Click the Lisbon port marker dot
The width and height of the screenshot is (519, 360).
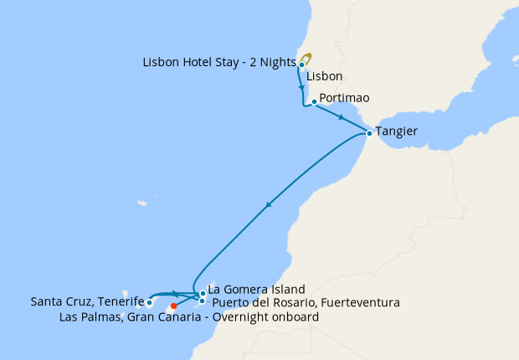tap(301, 64)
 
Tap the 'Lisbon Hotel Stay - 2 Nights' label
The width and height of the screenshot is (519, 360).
tap(219, 62)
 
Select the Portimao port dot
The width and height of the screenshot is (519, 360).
tap(314, 102)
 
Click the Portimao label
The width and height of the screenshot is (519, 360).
tap(344, 98)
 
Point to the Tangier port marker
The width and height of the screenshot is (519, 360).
tap(369, 132)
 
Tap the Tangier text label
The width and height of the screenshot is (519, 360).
tap(398, 131)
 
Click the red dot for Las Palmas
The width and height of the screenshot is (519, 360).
tap(174, 306)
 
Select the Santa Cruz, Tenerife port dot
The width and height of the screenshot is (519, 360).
tap(149, 302)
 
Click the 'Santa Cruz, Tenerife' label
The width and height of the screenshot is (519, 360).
tap(87, 301)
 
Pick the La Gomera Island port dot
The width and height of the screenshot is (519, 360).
tap(203, 293)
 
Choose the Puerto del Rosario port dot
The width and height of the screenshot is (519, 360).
tap(203, 301)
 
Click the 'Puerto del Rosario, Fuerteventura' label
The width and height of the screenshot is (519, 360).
tap(305, 301)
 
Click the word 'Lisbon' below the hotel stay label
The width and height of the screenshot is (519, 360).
tap(325, 76)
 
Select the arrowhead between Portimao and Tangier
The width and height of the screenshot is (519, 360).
tap(342, 118)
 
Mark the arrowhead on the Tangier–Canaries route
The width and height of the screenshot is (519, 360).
tap(268, 205)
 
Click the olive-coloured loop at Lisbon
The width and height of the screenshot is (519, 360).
tap(307, 58)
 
